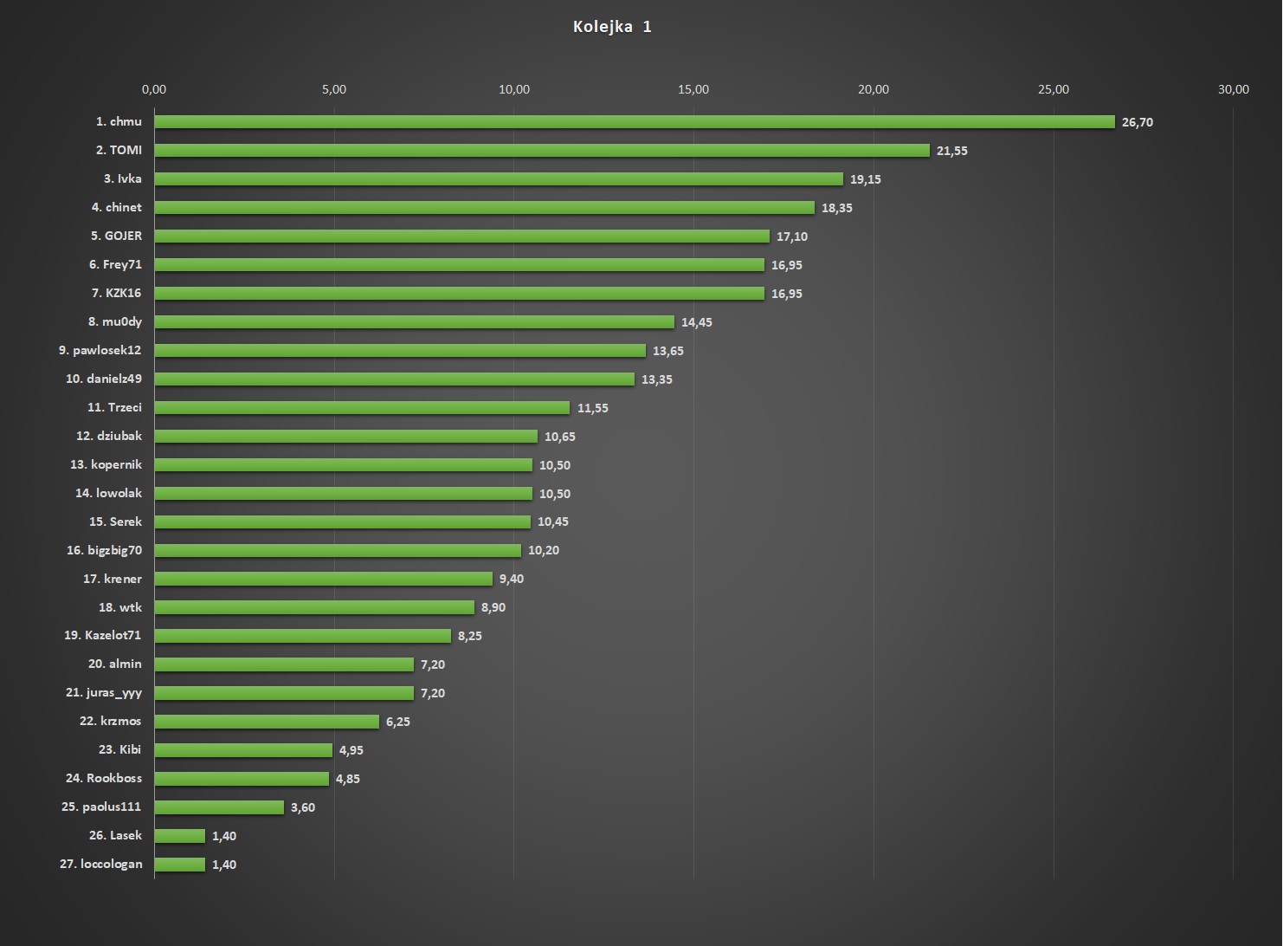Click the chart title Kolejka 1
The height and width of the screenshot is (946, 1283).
click(612, 27)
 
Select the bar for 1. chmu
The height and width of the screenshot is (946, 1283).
click(635, 122)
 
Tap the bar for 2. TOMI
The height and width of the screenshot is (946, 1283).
click(542, 151)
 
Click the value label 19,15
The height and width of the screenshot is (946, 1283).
click(865, 179)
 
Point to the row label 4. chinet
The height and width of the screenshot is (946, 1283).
click(116, 207)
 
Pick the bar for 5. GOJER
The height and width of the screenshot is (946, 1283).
click(461, 236)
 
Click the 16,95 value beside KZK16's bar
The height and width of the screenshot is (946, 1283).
click(786, 294)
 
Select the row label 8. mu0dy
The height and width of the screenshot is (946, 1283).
click(114, 321)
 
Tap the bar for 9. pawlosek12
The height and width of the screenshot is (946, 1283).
click(400, 351)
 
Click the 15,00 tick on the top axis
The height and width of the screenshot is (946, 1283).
click(693, 89)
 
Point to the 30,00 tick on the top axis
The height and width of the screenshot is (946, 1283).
click(1233, 89)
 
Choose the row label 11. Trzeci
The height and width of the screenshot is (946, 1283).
click(114, 407)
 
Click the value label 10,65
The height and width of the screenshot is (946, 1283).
click(559, 437)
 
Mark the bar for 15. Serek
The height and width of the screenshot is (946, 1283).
click(342, 522)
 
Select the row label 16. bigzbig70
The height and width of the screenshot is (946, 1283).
click(104, 550)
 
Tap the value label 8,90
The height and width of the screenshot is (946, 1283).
click(493, 607)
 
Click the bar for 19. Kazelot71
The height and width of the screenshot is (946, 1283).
click(302, 636)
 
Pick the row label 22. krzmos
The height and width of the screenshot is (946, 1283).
click(110, 721)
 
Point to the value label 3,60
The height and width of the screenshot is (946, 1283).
click(302, 807)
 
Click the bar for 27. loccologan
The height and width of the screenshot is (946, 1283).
click(180, 865)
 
